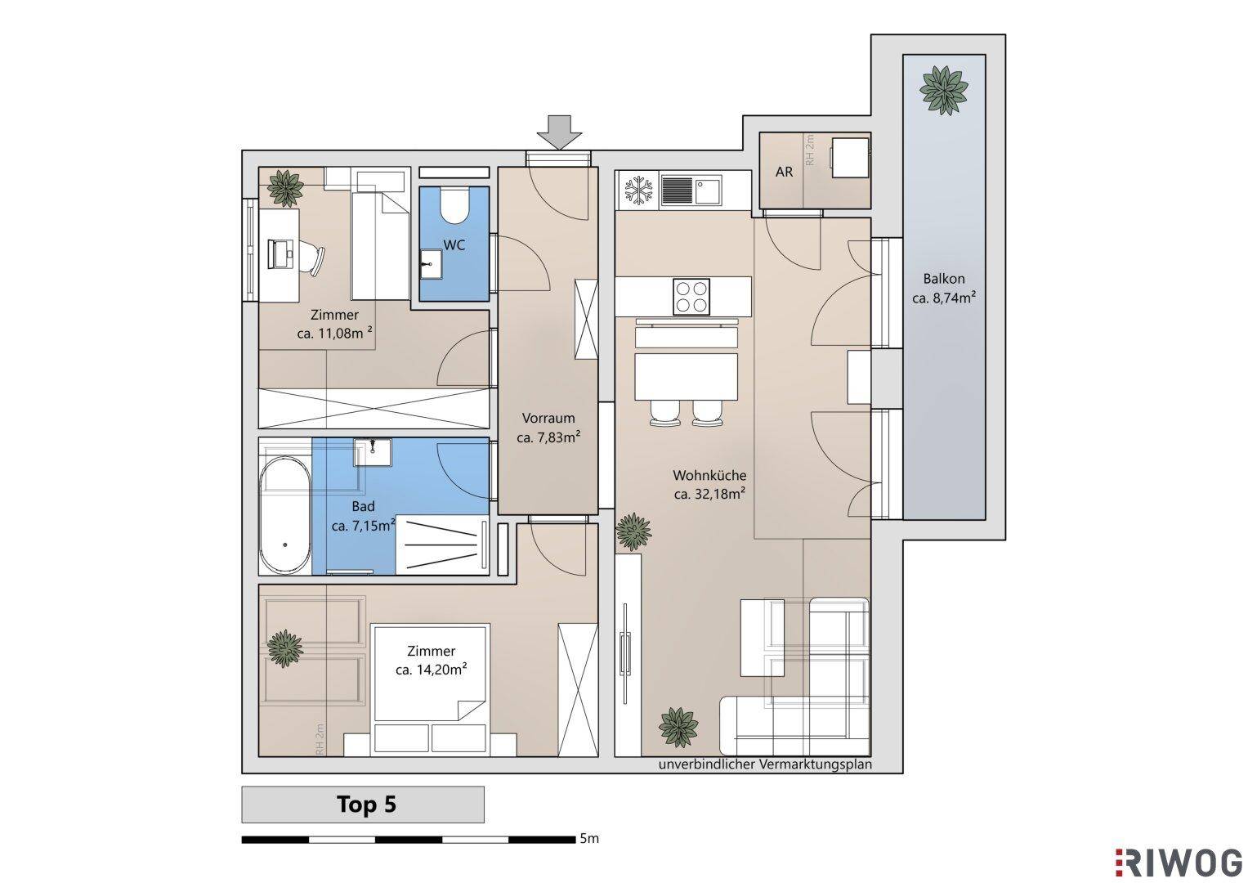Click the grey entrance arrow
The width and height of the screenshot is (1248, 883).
[x=559, y=132]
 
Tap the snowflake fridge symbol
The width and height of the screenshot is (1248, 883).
[x=638, y=190]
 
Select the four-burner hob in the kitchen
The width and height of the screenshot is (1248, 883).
[x=691, y=295]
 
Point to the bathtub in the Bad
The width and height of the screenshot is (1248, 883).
[x=285, y=515]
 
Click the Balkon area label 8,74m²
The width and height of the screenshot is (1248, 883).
[x=944, y=298]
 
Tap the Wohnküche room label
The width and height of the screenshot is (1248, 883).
[x=709, y=476]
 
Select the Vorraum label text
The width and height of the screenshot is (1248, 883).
[x=548, y=418]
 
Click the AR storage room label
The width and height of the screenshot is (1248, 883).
[x=784, y=172]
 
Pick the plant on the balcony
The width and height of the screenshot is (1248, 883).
[x=944, y=90]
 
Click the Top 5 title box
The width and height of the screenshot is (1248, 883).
[x=363, y=805]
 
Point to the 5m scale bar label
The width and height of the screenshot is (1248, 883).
[x=589, y=838]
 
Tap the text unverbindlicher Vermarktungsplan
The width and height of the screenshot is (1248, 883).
[x=765, y=764]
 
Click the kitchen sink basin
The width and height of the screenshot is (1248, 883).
[x=707, y=190]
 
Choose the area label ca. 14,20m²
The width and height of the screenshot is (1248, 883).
[x=431, y=670]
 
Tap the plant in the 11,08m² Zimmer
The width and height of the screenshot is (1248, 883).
[x=285, y=188]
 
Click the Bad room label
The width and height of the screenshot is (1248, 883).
[x=363, y=506]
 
